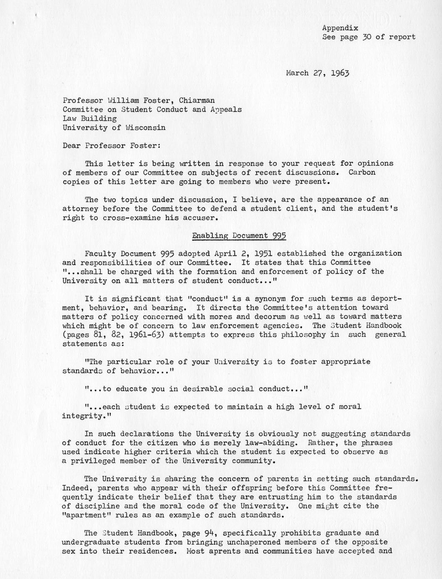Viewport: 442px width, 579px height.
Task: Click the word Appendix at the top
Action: click(x=340, y=28)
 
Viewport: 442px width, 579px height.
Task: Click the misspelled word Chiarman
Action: click(x=197, y=100)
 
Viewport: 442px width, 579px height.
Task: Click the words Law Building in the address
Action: click(x=89, y=118)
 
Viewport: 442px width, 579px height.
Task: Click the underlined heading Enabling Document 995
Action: click(x=239, y=236)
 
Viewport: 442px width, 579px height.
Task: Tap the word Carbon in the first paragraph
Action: click(x=362, y=173)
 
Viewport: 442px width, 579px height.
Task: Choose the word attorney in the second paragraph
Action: click(x=80, y=209)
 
